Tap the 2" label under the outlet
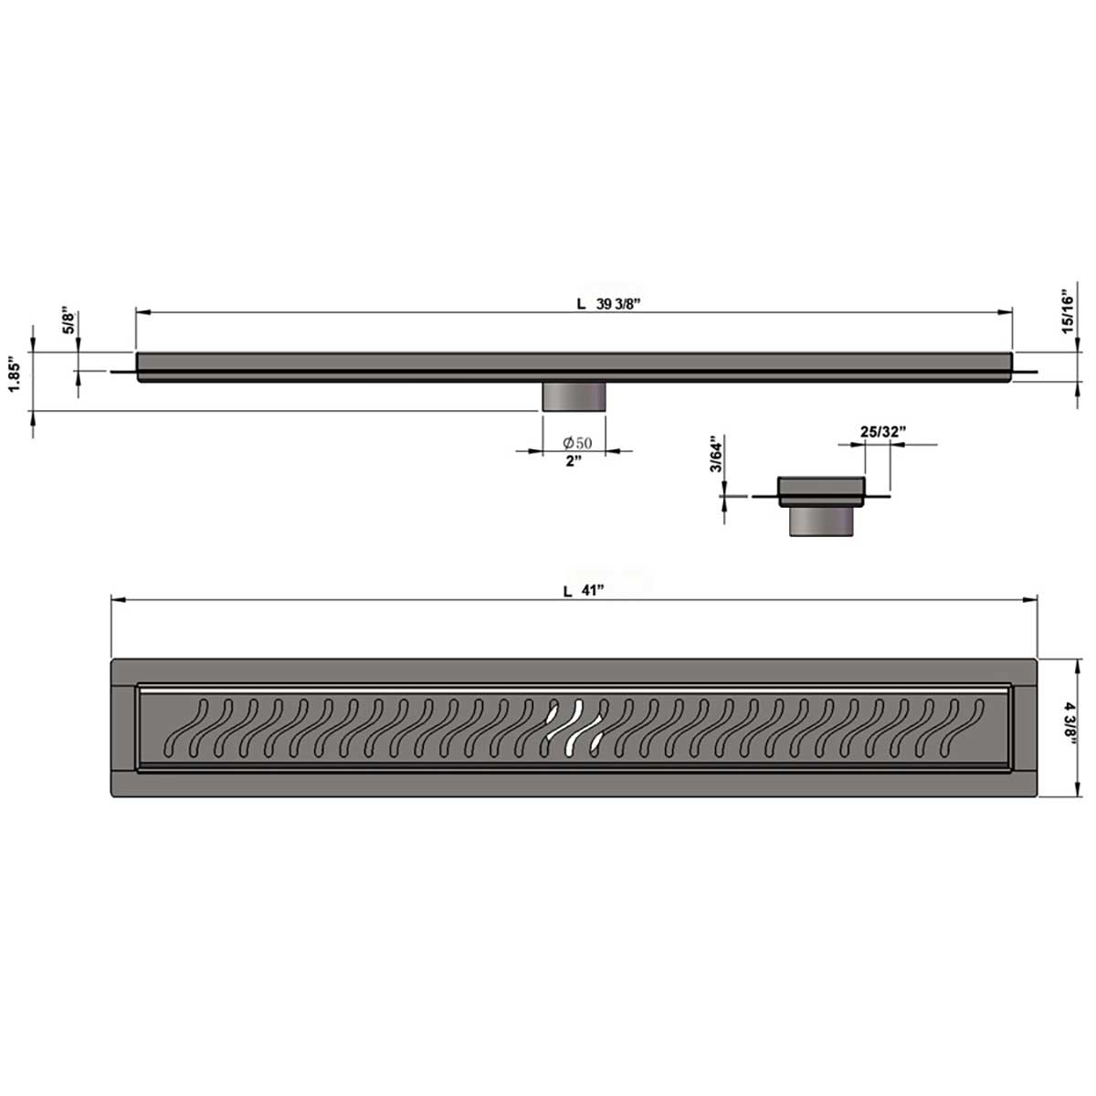coord(574,462)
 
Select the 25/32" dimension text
coord(883,431)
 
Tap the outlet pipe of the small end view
coord(823,522)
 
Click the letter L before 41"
coord(567,591)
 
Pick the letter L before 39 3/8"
coord(581,306)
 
